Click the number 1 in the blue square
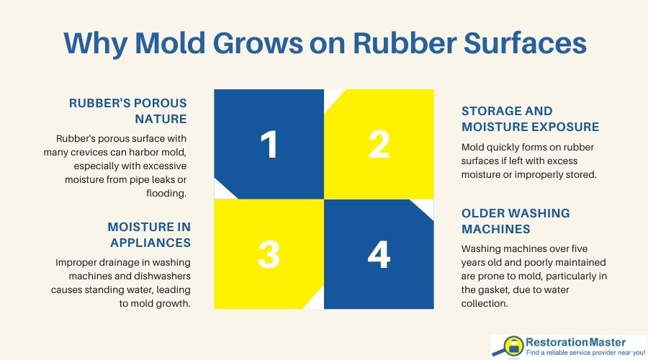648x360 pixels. click(x=269, y=145)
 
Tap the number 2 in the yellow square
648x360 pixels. click(x=379, y=145)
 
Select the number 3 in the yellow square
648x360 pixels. click(x=269, y=253)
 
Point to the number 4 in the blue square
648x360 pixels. click(x=379, y=253)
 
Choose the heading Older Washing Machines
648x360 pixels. click(x=516, y=221)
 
